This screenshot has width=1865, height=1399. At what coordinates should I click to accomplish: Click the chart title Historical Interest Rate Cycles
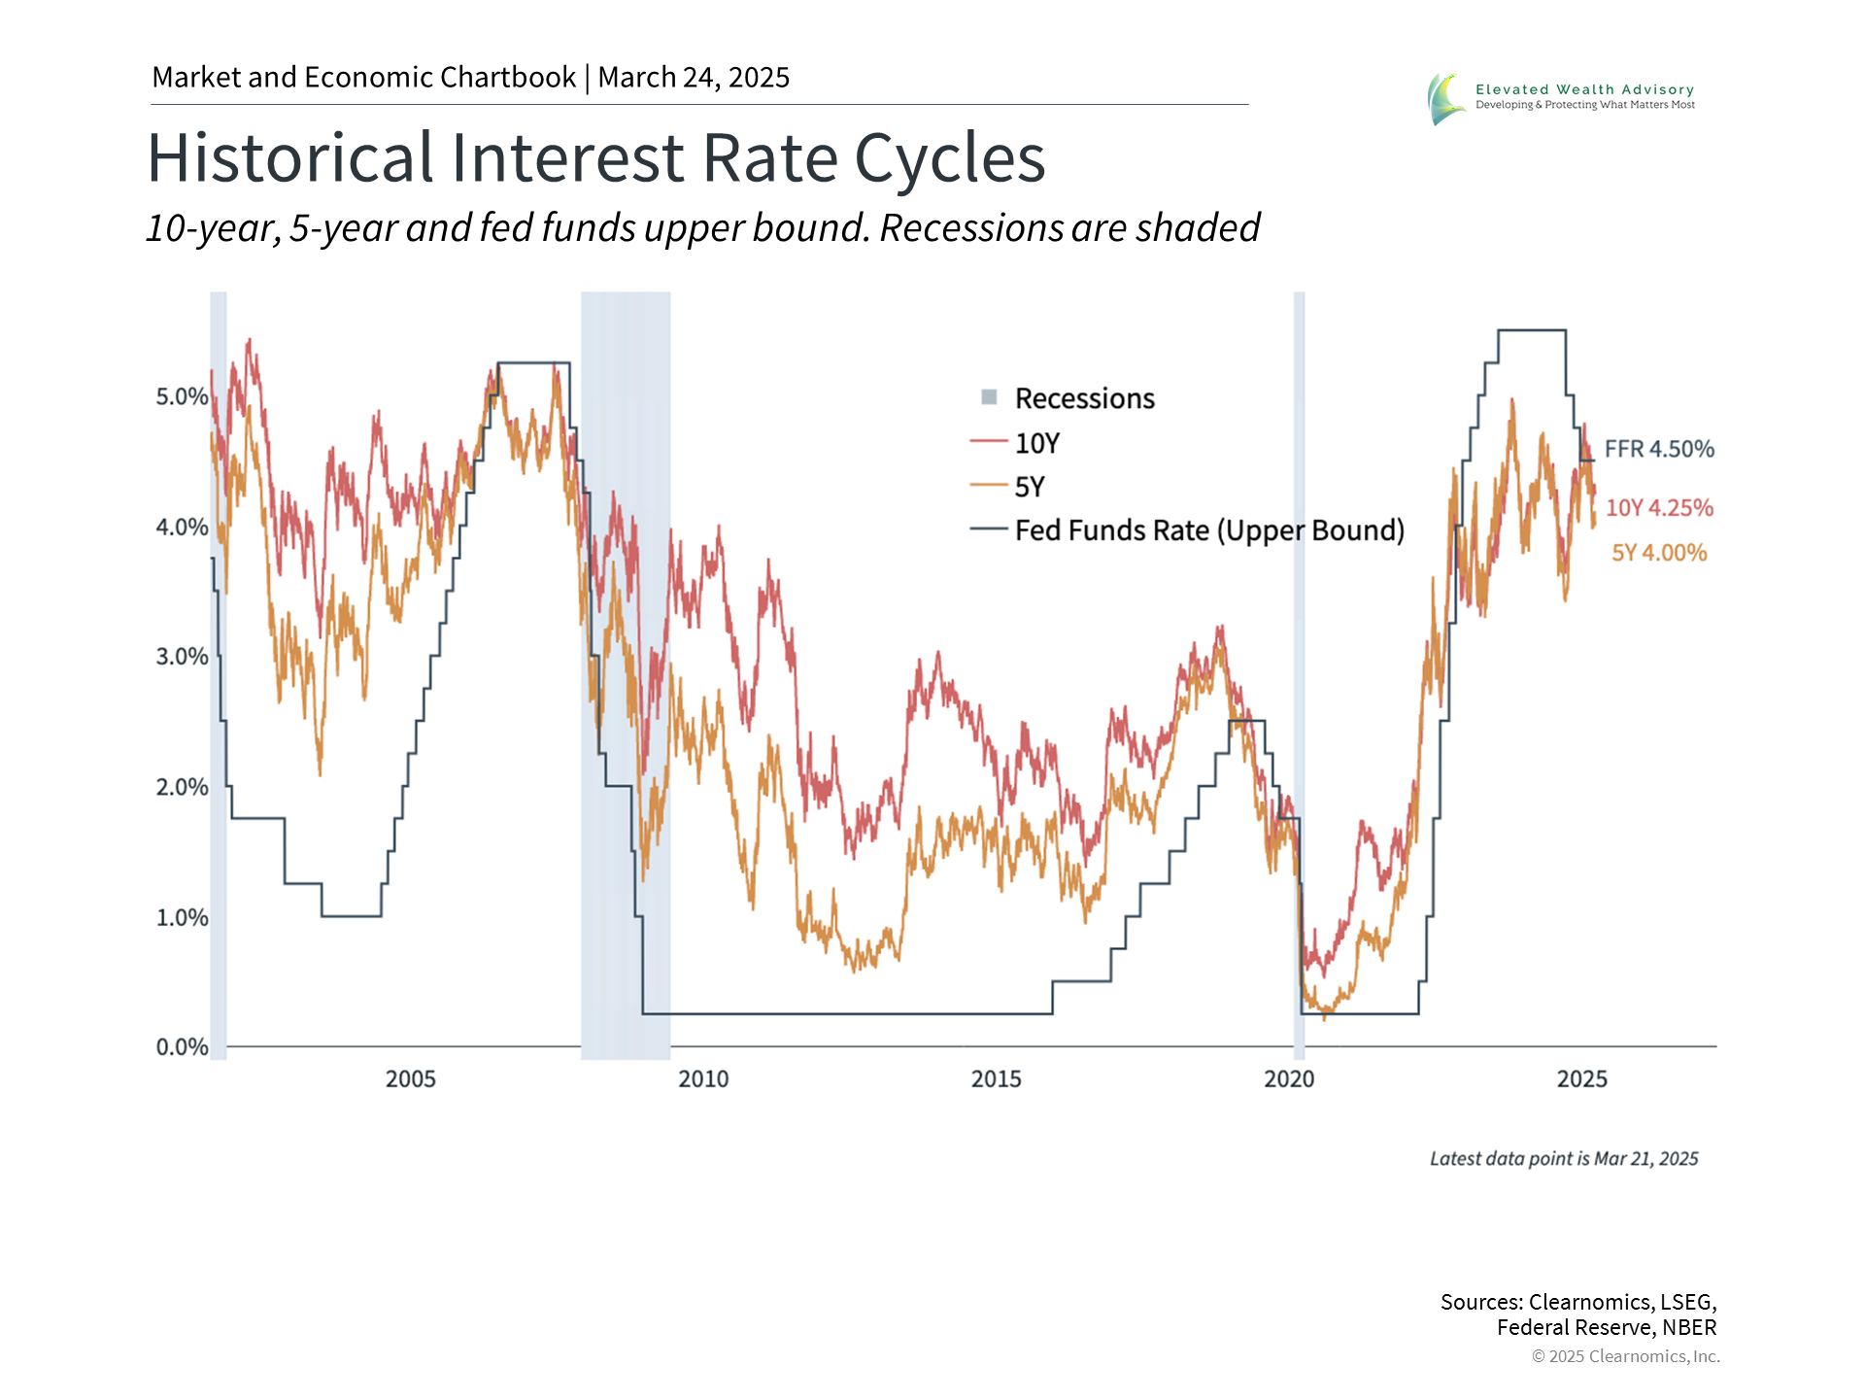pyautogui.click(x=595, y=158)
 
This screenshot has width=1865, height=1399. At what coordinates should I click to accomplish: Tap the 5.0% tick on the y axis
pyautogui.click(x=182, y=396)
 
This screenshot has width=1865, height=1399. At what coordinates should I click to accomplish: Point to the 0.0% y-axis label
pyautogui.click(x=182, y=1046)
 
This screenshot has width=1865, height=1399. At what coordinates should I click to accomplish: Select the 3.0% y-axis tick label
pyautogui.click(x=182, y=657)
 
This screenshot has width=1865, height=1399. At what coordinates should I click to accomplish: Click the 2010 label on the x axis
pyautogui.click(x=703, y=1078)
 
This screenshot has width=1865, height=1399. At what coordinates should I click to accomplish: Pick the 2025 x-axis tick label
pyautogui.click(x=1581, y=1078)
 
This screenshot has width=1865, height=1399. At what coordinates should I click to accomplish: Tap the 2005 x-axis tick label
pyautogui.click(x=410, y=1078)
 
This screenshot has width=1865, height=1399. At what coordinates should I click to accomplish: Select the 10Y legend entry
pyautogui.click(x=1036, y=443)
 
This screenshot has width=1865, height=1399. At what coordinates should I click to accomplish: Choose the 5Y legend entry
pyautogui.click(x=1029, y=487)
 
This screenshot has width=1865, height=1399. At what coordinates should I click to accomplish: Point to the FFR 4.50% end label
pyautogui.click(x=1659, y=449)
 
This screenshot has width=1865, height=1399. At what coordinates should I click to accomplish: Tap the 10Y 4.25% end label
pyautogui.click(x=1659, y=507)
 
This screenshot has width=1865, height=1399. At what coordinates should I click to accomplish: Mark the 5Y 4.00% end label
pyautogui.click(x=1659, y=553)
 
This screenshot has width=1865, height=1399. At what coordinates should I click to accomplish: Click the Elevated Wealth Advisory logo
pyautogui.click(x=1561, y=97)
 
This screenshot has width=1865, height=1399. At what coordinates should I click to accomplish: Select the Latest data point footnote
pyautogui.click(x=1564, y=1158)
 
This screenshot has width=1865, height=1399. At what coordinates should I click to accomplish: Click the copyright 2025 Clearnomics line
pyautogui.click(x=1625, y=1356)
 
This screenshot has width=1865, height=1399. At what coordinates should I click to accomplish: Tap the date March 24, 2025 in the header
pyautogui.click(x=694, y=77)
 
